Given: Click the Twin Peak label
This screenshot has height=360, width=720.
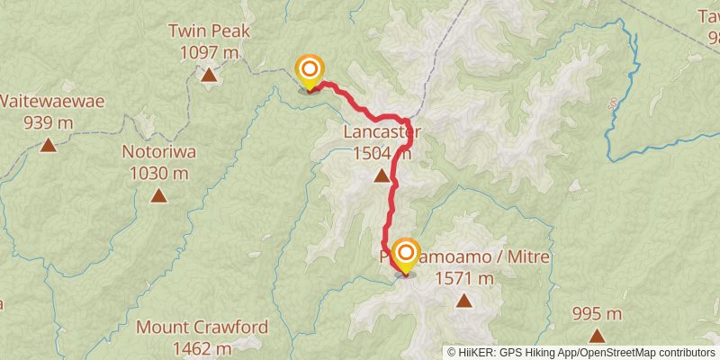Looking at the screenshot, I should tap(209, 31).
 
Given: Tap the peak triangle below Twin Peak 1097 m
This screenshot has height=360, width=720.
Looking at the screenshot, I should tap(209, 76).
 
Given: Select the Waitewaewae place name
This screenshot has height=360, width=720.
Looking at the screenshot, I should tap(51, 101).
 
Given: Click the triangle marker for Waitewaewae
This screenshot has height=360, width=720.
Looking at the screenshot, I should tap(48, 145).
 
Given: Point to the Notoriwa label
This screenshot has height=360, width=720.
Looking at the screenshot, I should tap(158, 151).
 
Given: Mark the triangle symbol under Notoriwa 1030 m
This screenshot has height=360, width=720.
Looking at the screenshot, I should tap(158, 195).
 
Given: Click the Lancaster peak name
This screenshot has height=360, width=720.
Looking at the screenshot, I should tap(382, 134).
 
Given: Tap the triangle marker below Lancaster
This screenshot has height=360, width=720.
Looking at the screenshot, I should tap(382, 176).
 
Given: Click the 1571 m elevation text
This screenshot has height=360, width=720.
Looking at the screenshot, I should tap(464, 278).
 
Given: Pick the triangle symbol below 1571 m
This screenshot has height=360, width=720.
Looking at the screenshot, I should tap(464, 301).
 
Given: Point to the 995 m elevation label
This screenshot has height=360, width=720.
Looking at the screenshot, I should tap(598, 314).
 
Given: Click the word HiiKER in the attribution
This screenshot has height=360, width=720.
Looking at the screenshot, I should tap(474, 353).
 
